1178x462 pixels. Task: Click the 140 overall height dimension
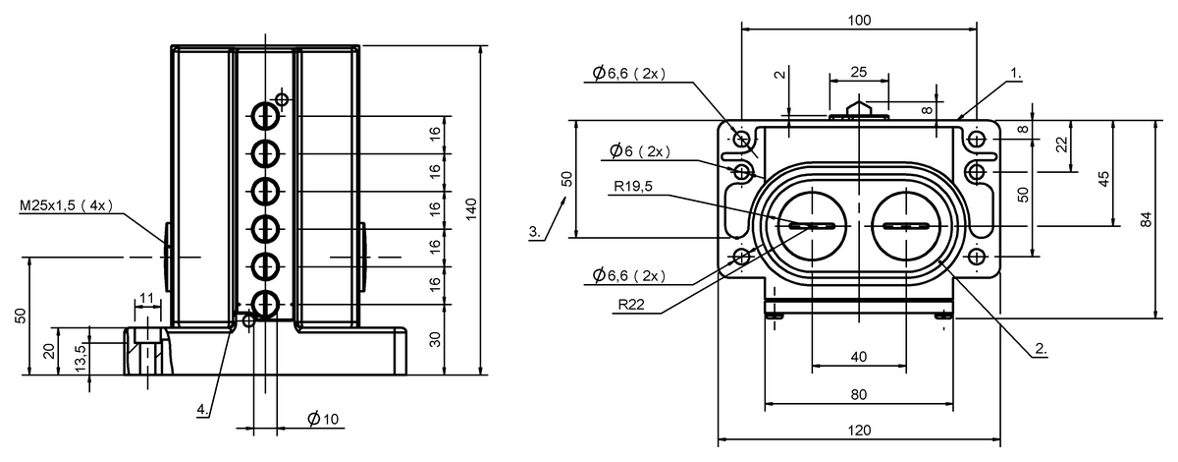point(471,209)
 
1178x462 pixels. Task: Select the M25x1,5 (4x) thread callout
point(67,205)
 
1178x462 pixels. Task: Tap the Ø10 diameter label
point(323,419)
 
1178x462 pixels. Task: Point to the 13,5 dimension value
point(80,358)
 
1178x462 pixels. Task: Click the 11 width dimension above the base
point(146,299)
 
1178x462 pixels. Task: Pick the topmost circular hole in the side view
point(265,116)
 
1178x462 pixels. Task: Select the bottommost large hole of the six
point(265,305)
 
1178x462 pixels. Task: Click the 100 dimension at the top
point(859,20)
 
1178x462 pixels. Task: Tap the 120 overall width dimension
point(859,431)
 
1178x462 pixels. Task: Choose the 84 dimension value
point(1147,218)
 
